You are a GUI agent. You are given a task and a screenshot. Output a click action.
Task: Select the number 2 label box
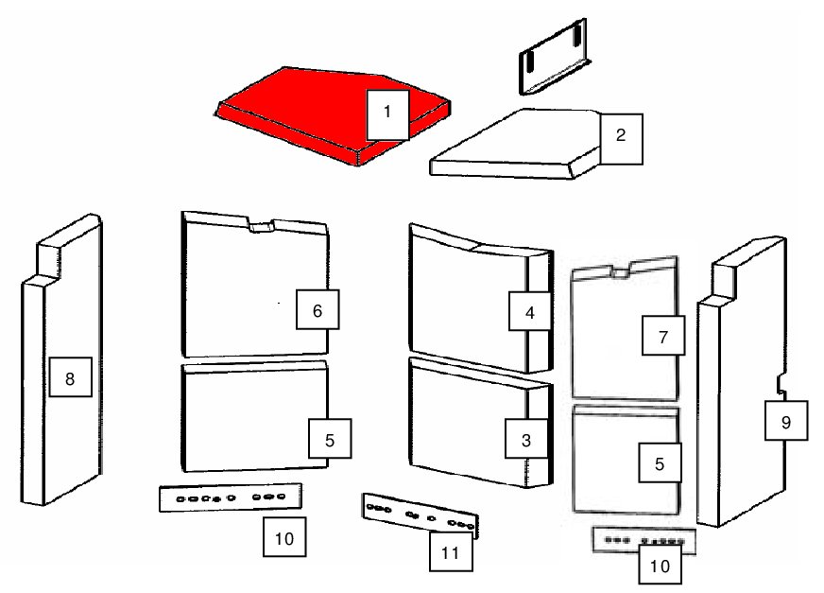[x=621, y=139]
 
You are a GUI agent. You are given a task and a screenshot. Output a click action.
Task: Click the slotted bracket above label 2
[x=553, y=57]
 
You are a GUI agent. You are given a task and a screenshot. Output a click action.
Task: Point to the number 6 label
[x=318, y=309]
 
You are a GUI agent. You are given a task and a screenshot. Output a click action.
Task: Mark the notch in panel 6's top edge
[x=261, y=225]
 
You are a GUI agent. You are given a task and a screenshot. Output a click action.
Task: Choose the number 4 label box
[x=530, y=311]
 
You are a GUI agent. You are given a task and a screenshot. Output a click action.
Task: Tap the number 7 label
[x=663, y=335]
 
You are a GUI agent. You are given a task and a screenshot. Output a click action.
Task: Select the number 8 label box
[x=71, y=376]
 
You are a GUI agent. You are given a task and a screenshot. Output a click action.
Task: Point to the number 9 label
[x=786, y=421]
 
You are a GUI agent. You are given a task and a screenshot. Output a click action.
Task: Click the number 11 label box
[x=451, y=551]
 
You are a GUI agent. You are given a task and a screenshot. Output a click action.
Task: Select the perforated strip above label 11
[x=421, y=515]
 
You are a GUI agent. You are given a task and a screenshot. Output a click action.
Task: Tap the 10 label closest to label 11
[x=284, y=536]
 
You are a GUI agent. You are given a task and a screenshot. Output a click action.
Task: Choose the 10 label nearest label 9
[x=660, y=565]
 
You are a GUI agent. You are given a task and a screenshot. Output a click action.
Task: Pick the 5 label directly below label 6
[x=330, y=439]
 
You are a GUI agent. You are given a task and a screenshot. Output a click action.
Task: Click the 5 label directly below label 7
[x=660, y=462]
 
